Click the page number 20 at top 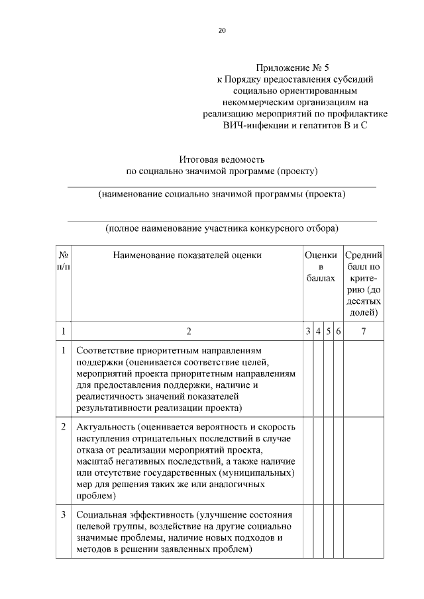point(222,30)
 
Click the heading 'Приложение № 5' point(291,68)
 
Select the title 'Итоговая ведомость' point(222,160)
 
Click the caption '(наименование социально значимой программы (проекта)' point(222,195)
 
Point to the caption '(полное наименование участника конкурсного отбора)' point(222,228)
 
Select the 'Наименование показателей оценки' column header point(187,255)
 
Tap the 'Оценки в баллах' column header point(321,267)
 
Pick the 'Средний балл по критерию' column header point(363,283)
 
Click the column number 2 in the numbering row point(187,331)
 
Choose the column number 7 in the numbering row point(363,331)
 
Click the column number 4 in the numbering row point(318,331)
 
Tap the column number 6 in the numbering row point(338,331)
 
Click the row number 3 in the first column point(63,514)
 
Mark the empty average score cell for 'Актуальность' point(363,460)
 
